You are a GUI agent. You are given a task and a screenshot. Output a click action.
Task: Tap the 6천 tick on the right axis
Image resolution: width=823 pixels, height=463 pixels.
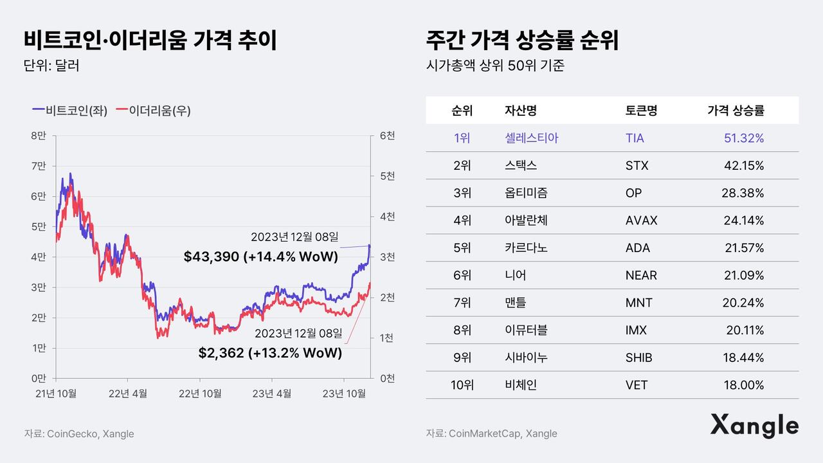pyautogui.click(x=387, y=136)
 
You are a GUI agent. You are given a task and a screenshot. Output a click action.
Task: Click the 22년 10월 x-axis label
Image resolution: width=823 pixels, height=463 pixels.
pyautogui.click(x=201, y=393)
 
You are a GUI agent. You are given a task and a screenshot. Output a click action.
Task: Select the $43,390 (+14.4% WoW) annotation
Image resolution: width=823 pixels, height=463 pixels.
pyautogui.click(x=261, y=257)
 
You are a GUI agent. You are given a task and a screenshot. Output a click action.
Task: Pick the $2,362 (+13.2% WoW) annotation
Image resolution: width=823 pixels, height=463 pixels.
pyautogui.click(x=270, y=353)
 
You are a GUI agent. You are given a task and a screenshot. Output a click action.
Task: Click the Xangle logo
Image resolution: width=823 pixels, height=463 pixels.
pyautogui.click(x=754, y=426)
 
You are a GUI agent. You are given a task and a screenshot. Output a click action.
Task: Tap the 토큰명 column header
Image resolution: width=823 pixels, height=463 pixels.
pyautogui.click(x=641, y=111)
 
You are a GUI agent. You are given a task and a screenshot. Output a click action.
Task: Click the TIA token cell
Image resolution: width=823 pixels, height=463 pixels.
pyautogui.click(x=635, y=138)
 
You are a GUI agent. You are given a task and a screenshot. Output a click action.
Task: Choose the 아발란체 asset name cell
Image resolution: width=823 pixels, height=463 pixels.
pyautogui.click(x=527, y=221)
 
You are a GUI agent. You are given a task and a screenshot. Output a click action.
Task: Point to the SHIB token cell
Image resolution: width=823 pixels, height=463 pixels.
pyautogui.click(x=638, y=358)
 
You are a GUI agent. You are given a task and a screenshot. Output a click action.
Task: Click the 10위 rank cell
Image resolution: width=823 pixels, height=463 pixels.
pyautogui.click(x=462, y=385)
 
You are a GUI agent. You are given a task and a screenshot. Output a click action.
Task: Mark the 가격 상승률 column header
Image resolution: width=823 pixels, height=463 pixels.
pyautogui.click(x=736, y=111)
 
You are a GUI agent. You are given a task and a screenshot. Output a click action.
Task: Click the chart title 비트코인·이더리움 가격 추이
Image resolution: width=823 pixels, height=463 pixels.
pyautogui.click(x=150, y=41)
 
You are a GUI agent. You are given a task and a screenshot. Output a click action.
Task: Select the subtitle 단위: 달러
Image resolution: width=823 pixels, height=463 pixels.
pyautogui.click(x=51, y=66)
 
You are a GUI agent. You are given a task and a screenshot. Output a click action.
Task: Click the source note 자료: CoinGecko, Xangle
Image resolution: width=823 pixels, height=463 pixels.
pyautogui.click(x=79, y=433)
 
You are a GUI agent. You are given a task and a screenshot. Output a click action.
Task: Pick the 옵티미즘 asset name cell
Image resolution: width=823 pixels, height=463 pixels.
pyautogui.click(x=527, y=193)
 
